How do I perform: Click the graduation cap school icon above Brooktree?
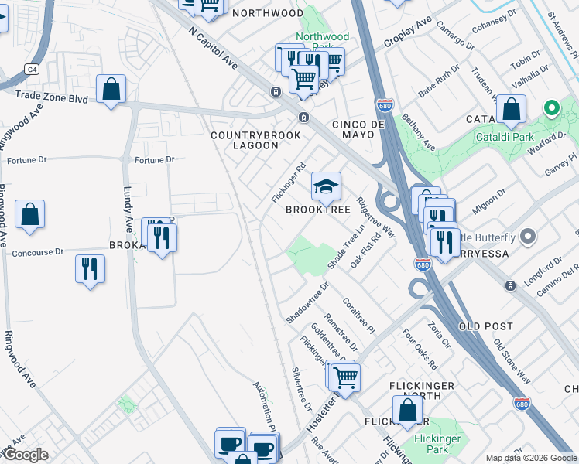pos(327,186)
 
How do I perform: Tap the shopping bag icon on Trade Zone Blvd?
pos(111,89)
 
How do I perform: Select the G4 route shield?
pos(31,69)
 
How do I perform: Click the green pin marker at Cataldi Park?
pos(552,108)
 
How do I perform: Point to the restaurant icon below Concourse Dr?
pos(91,269)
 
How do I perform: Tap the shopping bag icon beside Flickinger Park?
pos(407,411)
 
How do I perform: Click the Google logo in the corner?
pos(25,455)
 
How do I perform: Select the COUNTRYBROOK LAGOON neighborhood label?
pos(245,140)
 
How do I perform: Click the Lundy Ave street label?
pos(128,209)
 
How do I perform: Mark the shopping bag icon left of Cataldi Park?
pos(511,110)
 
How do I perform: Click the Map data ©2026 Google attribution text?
pos(531,458)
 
